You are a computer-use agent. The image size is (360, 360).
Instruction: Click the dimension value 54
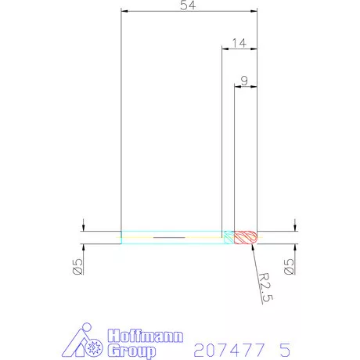[188, 5]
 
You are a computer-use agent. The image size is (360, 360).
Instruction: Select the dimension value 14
[239, 43]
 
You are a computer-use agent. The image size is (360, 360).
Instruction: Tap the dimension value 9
[244, 81]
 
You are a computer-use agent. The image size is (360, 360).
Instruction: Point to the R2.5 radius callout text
[266, 287]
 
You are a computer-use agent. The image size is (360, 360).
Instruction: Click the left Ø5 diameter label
[77, 266]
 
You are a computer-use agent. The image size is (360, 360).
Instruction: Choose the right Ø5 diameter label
[289, 266]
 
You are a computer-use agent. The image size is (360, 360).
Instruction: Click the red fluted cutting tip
[246, 237]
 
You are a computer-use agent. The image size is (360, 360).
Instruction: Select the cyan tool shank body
[173, 237]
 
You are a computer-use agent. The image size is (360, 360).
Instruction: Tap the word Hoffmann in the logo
[146, 336]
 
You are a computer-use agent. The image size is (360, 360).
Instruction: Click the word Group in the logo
[131, 351]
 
